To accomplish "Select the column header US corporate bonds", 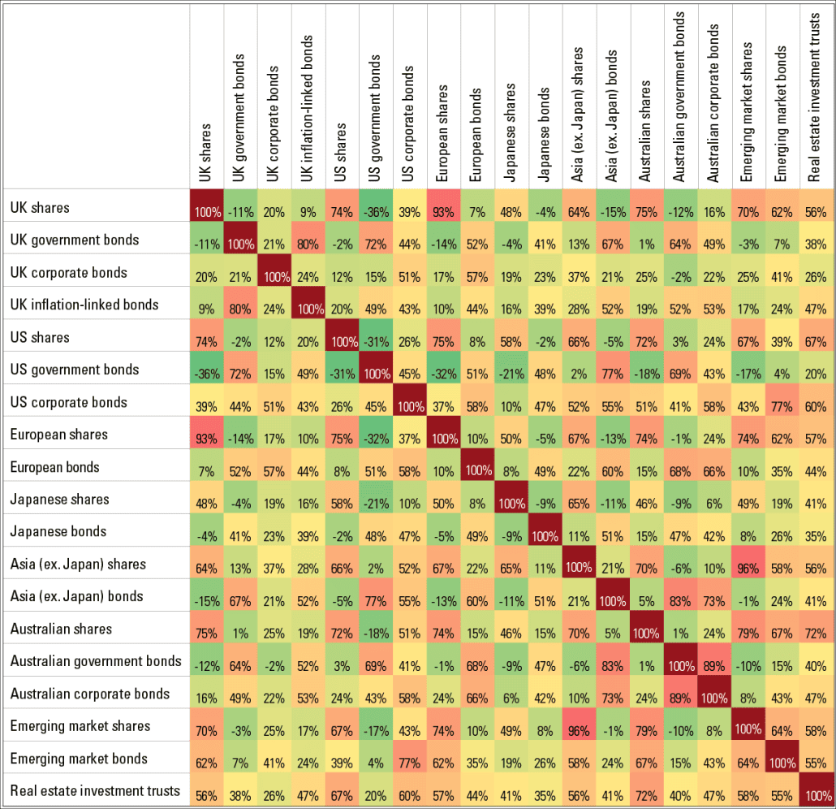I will tap(409, 122).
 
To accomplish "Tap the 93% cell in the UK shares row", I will tap(443, 211).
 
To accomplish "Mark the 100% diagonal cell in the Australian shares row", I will tap(646, 633).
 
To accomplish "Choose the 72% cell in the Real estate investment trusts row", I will tap(646, 795).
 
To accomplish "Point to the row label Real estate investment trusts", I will tap(95, 790).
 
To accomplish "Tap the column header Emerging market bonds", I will tap(782, 114).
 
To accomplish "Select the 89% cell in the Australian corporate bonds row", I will tap(680, 698).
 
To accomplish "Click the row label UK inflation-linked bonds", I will tap(84, 305).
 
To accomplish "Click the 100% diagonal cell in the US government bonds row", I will tap(375, 373).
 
